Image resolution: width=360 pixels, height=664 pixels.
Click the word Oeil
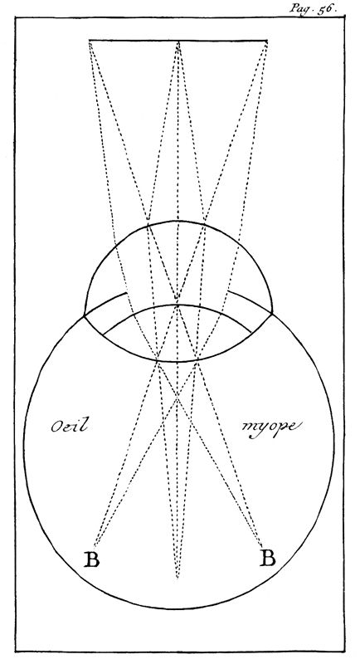[70, 425]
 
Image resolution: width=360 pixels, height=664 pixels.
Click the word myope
[271, 427]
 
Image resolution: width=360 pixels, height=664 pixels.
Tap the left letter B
[91, 559]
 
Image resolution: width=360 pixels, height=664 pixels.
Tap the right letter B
[267, 558]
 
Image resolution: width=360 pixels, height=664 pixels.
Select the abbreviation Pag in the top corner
[299, 8]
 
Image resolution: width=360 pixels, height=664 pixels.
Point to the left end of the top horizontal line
[90, 41]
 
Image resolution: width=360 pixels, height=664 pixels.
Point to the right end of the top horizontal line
[267, 41]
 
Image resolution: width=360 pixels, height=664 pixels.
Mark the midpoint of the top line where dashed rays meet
[178, 41]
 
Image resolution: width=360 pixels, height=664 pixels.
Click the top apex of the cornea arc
[178, 221]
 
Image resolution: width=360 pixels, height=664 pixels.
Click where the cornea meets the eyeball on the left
[84, 315]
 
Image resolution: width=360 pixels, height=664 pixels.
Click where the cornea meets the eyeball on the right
[272, 314]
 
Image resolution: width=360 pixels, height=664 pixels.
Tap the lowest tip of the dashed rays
[177, 578]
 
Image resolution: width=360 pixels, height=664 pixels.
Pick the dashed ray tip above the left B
[95, 546]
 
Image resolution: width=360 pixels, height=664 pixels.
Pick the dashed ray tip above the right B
[261, 545]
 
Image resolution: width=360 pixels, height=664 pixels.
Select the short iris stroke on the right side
[251, 301]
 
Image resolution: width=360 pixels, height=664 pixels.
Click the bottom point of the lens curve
[176, 362]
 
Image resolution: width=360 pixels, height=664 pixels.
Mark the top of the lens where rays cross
[178, 305]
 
